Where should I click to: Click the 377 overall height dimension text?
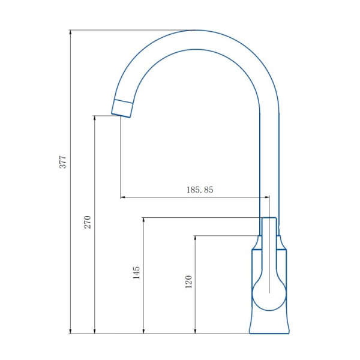point(63,162)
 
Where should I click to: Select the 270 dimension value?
point(87,223)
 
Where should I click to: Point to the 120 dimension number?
point(188,281)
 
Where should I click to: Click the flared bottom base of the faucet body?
point(269,327)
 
